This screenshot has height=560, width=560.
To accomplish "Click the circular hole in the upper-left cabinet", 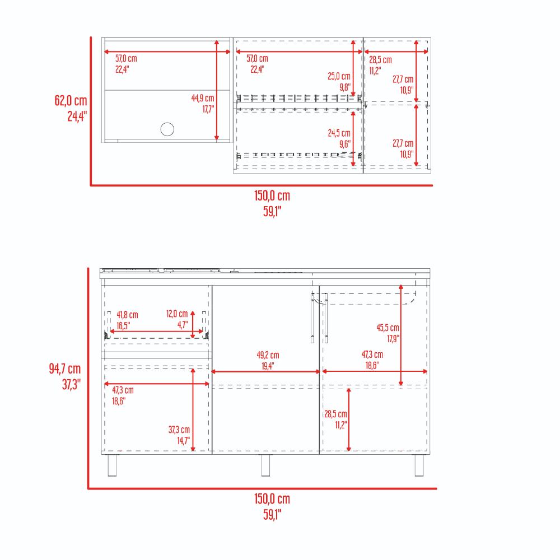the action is pos(167,129).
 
